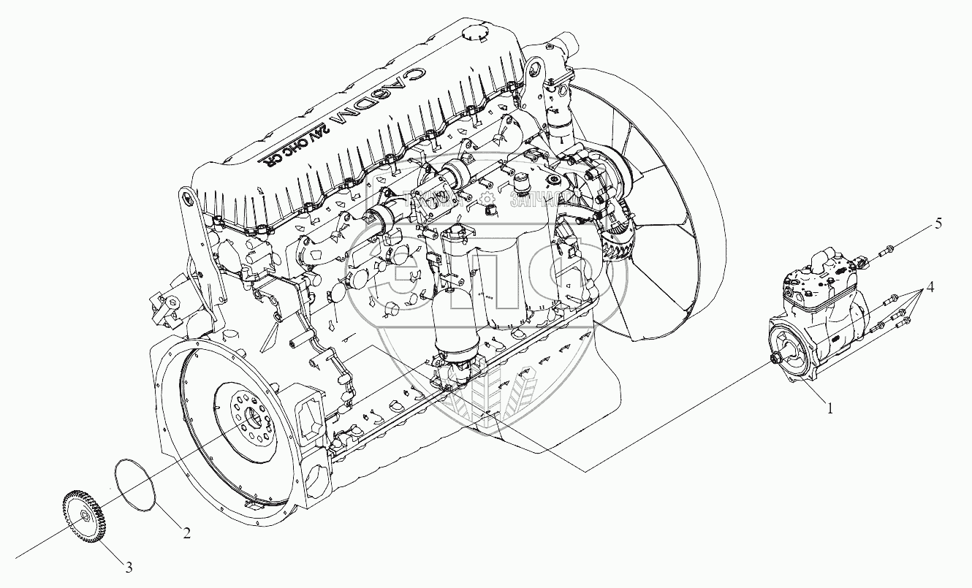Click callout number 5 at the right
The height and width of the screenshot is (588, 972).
pos(938,224)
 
